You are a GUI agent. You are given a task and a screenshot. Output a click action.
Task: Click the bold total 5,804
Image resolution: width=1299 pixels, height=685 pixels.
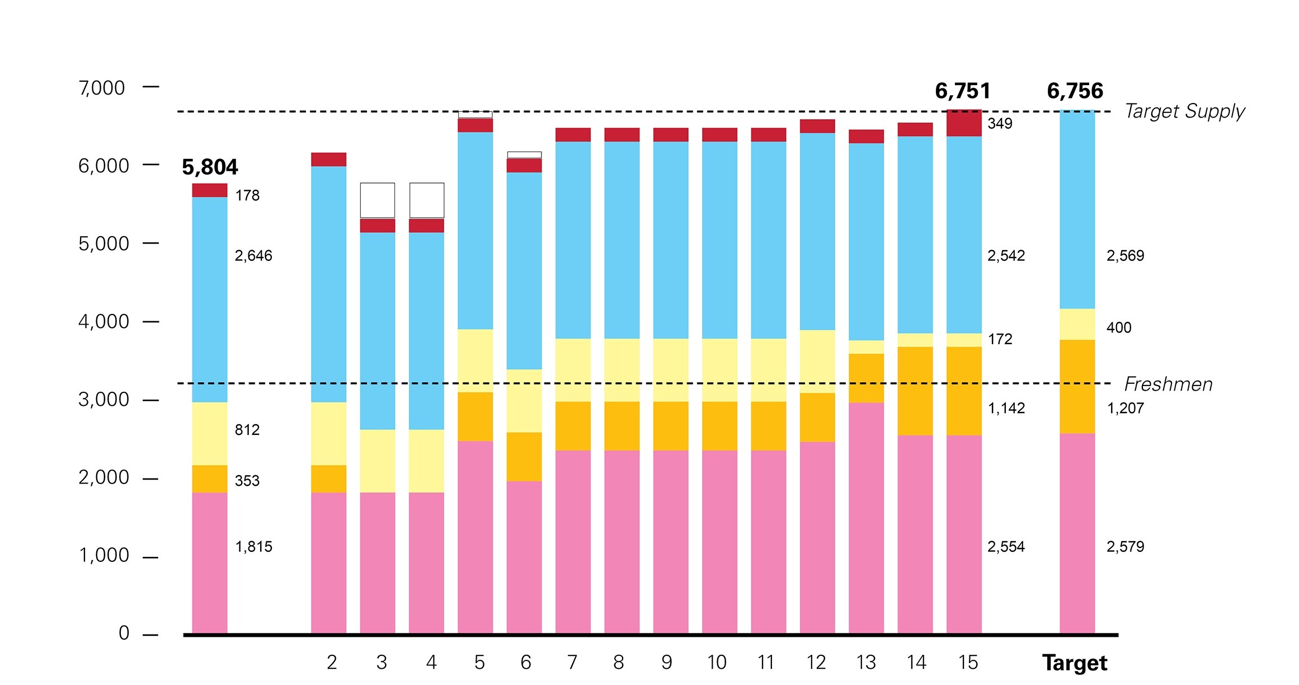coord(210,167)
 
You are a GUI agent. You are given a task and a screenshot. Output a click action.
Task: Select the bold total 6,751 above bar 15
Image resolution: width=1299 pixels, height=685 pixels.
coord(963,91)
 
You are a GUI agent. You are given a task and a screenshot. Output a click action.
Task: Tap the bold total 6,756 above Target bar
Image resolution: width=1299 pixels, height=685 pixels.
coord(1075,91)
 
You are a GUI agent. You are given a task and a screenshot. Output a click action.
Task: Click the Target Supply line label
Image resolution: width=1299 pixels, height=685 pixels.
coord(1184,111)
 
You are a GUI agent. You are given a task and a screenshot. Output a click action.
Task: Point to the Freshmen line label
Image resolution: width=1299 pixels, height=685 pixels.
coord(1168,384)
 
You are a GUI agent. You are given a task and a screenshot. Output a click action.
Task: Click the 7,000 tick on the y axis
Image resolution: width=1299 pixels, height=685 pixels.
coord(102,88)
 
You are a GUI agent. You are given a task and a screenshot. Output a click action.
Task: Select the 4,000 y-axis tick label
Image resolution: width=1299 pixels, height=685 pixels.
coord(103,322)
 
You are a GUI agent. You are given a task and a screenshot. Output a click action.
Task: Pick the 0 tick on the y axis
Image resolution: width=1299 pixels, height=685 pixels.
coord(124,633)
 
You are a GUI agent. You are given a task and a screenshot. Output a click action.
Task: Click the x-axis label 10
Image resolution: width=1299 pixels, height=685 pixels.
coord(717,663)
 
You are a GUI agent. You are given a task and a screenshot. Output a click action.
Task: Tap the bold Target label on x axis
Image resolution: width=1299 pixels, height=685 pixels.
coord(1075,663)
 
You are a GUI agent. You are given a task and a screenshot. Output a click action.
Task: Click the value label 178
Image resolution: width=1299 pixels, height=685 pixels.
coord(247,196)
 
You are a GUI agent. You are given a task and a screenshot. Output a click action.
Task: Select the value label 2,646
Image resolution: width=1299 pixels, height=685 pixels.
coord(253,256)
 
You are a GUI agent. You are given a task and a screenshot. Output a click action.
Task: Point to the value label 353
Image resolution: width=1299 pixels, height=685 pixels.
coord(247,481)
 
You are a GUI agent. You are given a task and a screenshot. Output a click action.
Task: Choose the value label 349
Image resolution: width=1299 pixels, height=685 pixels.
coord(1000,124)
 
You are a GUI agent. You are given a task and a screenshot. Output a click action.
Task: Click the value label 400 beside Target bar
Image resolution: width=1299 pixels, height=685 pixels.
coord(1119,328)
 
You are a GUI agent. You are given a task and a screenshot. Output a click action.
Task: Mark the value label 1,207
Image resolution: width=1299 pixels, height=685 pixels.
coord(1125,409)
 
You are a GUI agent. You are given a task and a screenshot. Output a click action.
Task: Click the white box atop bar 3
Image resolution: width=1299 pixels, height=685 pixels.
coord(377,200)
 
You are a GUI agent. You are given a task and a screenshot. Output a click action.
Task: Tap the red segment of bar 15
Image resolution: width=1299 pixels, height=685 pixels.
coord(964,123)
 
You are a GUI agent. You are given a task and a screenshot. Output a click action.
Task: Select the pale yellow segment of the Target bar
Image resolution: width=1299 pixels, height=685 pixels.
coord(1077,324)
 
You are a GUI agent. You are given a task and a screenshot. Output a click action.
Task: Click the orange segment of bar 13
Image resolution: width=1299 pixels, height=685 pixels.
coord(866,378)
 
